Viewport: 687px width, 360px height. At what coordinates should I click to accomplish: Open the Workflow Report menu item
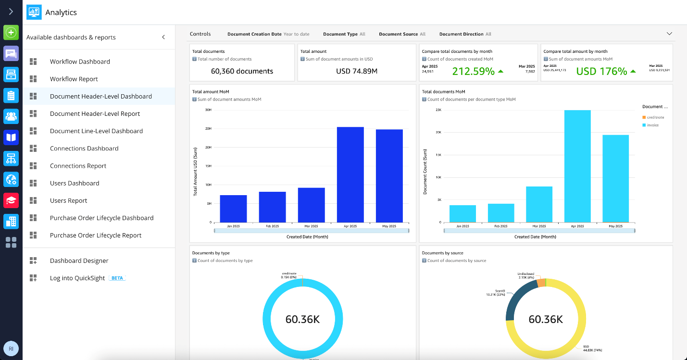coord(74,79)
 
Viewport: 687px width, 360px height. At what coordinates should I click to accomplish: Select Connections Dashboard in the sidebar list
coord(84,149)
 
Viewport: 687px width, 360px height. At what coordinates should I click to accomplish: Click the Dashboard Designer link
coord(79,261)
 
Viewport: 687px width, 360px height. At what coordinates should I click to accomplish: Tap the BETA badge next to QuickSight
coord(117,278)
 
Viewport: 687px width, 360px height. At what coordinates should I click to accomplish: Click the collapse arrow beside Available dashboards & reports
coord(163,37)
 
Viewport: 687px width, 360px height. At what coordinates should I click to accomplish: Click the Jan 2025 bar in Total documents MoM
coord(462,213)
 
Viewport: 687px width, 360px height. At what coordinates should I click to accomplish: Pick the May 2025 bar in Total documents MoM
coord(615,178)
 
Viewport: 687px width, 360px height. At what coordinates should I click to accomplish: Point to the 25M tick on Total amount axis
coord(208,129)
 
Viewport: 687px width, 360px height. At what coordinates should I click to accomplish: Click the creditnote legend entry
coord(655,117)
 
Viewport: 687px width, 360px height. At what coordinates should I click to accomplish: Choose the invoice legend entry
coord(652,125)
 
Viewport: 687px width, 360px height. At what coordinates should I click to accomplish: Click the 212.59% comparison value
coord(474,71)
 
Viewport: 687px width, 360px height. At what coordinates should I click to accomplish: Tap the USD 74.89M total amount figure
coord(356,71)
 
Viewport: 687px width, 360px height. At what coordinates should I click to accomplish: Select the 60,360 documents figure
coord(242,71)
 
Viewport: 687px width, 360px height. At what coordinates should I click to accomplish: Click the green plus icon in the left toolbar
coord(11,33)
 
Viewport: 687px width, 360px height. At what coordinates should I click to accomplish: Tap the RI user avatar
coord(11,348)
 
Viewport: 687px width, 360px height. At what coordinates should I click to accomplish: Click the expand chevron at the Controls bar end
coord(669,34)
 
